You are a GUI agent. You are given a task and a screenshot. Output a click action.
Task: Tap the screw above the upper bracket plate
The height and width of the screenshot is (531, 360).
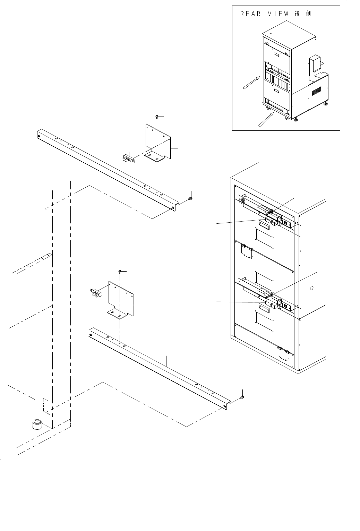(157, 117)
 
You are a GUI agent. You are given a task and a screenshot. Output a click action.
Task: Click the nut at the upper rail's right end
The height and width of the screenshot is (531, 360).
(190, 198)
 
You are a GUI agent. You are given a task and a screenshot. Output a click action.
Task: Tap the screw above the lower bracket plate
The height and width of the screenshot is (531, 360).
(120, 271)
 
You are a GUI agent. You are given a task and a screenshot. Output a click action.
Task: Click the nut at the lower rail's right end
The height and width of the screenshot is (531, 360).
(242, 396)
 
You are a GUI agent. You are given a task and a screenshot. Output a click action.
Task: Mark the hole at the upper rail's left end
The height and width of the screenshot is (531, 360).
(38, 136)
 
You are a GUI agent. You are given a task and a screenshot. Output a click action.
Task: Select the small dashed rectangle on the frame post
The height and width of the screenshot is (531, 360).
(45, 405)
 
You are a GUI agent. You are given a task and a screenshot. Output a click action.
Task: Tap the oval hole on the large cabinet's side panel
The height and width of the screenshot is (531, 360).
(311, 288)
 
